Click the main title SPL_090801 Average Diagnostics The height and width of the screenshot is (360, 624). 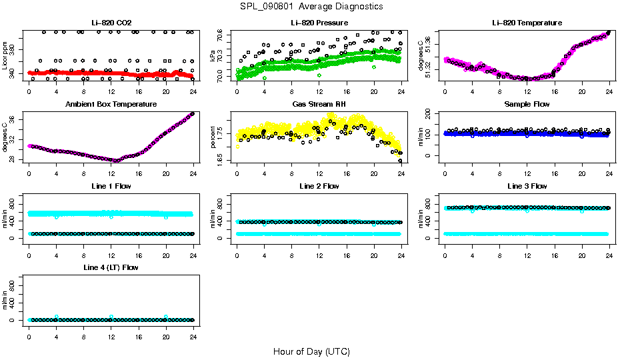click(312, 6)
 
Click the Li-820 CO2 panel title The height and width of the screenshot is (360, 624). click(111, 23)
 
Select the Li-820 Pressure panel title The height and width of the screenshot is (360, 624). click(319, 23)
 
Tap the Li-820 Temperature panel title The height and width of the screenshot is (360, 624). click(527, 23)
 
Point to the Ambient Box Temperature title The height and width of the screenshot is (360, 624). click(111, 105)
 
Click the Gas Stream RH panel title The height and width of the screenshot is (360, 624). click(319, 105)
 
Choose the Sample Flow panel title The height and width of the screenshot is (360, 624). click(527, 105)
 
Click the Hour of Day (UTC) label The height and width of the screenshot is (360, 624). click(311, 351)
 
